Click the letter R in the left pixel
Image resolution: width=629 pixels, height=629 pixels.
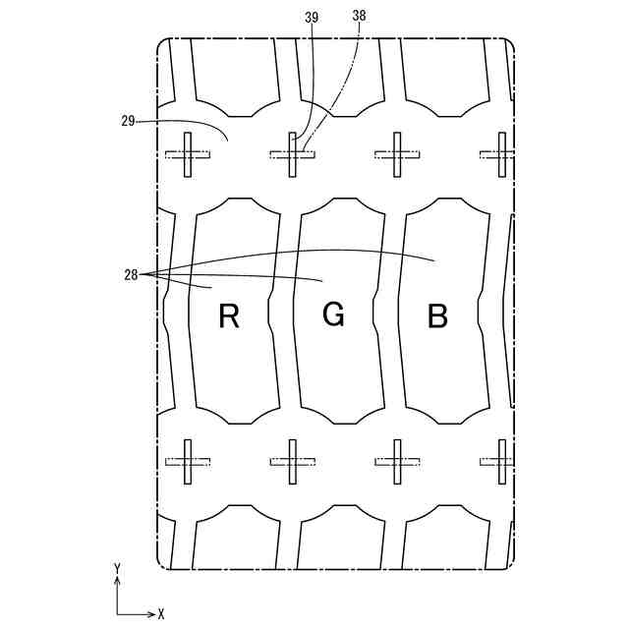(x=229, y=316)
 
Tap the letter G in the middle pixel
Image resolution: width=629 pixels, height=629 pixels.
(x=333, y=314)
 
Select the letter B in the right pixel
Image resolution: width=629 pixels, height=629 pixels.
(x=437, y=316)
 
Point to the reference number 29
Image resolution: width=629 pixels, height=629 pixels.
(x=128, y=122)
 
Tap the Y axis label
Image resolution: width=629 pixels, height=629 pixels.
(x=117, y=568)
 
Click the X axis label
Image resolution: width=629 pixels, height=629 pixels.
(x=160, y=613)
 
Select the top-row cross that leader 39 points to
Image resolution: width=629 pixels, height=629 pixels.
(x=293, y=154)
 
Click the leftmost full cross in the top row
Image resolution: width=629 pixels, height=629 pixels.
(x=188, y=154)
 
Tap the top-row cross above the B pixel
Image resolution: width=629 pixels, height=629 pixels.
(x=398, y=154)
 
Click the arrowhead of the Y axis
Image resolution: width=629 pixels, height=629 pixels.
(x=118, y=580)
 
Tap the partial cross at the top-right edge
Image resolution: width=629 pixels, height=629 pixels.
(x=499, y=154)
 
